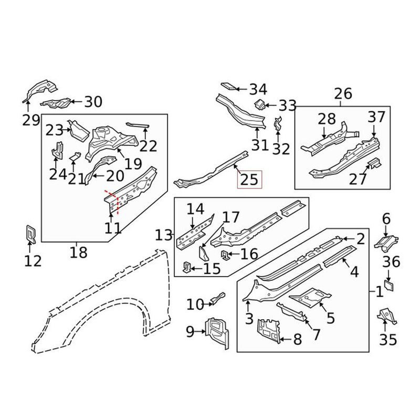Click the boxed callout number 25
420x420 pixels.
[x=249, y=180]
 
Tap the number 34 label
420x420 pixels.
[x=258, y=89]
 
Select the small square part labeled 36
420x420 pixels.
[x=390, y=285]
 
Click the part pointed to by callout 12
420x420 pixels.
[x=30, y=234]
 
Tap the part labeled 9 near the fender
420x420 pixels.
[x=217, y=332]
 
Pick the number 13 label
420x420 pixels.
[x=164, y=235]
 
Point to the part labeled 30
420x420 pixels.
[x=58, y=103]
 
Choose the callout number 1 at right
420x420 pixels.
[x=379, y=290]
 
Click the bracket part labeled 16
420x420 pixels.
[x=226, y=256]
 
